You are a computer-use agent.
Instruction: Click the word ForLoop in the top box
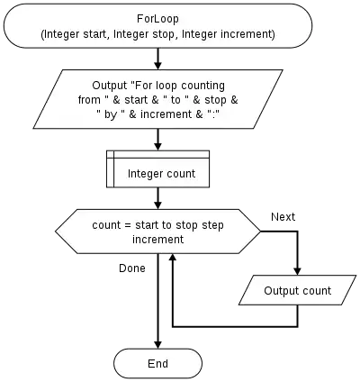tap(157, 19)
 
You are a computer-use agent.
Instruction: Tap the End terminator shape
tap(157, 363)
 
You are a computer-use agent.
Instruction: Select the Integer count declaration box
tap(157, 169)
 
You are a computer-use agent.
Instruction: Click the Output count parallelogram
tap(298, 290)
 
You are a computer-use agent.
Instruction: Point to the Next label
tap(283, 216)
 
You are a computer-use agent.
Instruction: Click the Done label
tap(132, 268)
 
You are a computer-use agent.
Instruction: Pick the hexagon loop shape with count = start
tap(157, 232)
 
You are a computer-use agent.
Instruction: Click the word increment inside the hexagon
tap(157, 240)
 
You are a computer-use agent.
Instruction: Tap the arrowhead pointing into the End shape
tap(157, 345)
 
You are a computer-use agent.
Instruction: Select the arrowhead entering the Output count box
tap(298, 271)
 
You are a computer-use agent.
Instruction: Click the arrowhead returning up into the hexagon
tap(172, 258)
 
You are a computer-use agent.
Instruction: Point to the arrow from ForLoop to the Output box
tap(157, 59)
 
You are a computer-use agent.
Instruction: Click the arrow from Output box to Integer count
tap(157, 140)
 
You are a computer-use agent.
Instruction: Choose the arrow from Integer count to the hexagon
tap(157, 198)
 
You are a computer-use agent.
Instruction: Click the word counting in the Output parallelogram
tap(202, 86)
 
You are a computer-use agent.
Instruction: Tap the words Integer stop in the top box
tap(144, 34)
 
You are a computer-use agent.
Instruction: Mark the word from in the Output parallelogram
tap(89, 100)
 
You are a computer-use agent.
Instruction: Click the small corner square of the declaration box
tap(110, 154)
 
